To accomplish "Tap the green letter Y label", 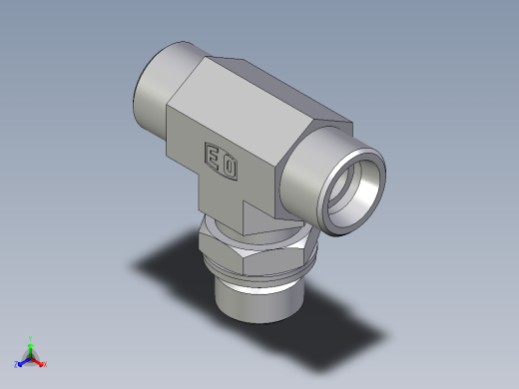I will tap(31, 337).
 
